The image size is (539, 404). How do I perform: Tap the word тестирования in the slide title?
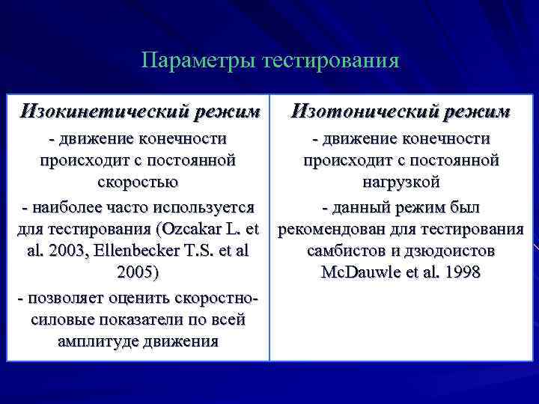coord(331,60)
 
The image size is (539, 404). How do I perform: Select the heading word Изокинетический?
coord(103,112)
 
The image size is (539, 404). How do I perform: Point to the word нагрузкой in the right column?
coord(401,182)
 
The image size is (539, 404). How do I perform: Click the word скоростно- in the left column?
coord(216,296)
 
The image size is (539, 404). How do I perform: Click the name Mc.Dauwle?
coord(356,272)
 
